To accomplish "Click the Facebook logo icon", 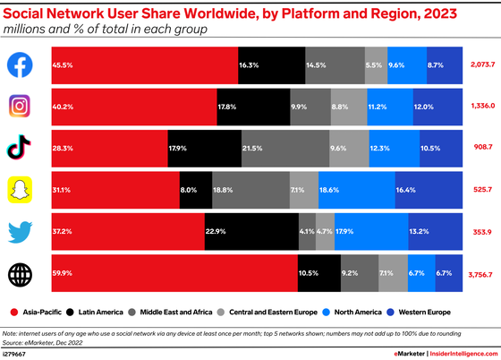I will click(21, 65).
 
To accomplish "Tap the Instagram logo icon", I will click(21, 107).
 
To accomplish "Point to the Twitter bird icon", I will click(21, 231).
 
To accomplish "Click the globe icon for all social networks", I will click(21, 273).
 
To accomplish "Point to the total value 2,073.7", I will click(481, 65).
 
